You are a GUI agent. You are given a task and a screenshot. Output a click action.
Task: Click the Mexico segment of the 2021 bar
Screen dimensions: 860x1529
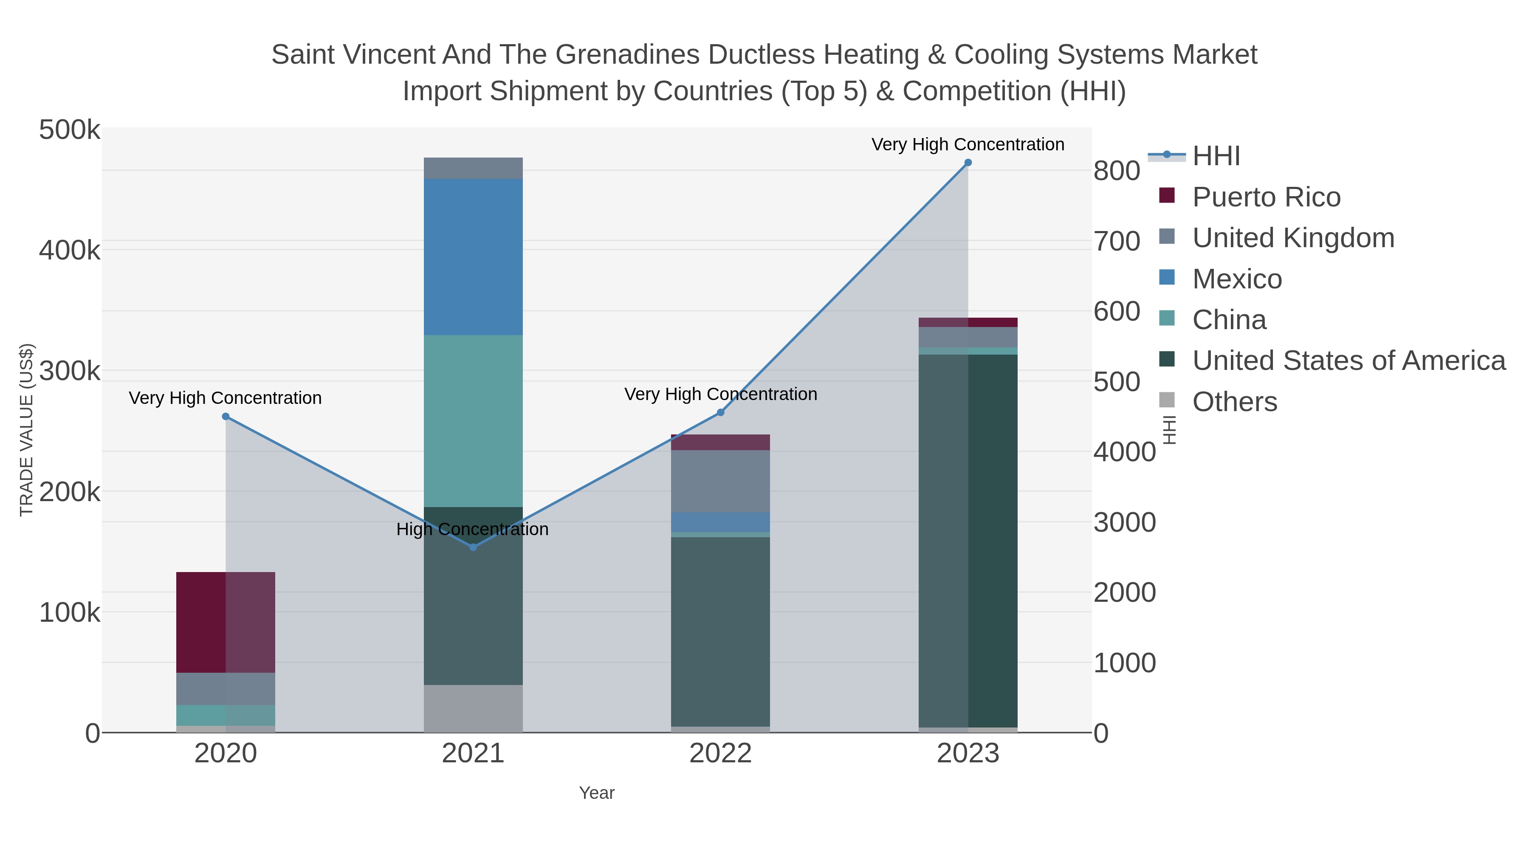473,257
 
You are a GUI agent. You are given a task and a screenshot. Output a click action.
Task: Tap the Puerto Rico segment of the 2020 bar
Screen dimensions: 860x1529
226,622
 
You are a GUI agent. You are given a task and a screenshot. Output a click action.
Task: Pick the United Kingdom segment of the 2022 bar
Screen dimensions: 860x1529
720,481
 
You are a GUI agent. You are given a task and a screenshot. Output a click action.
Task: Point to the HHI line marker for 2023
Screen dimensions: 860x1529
968,163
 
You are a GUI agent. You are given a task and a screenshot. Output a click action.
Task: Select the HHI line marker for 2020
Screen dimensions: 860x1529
226,417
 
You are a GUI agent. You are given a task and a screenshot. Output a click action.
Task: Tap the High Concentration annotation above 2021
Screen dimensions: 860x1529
472,529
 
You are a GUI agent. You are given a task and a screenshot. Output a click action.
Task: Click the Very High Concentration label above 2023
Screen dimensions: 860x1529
968,144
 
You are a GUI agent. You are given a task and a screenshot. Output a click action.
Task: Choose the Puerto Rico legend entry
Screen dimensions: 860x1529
1266,197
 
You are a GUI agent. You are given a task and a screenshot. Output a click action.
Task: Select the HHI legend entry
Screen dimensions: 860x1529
1216,156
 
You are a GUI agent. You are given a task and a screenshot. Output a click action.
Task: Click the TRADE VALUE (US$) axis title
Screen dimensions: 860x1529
27,430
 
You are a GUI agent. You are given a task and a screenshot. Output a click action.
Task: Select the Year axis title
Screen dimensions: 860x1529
597,793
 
